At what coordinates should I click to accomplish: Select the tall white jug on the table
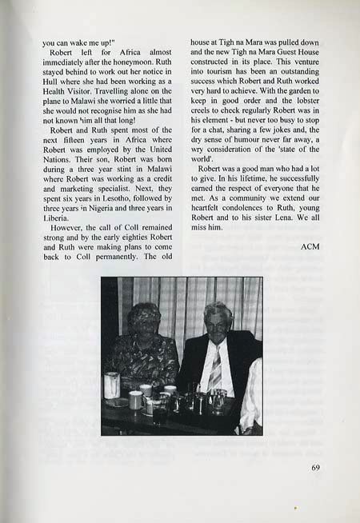point(112,385)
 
